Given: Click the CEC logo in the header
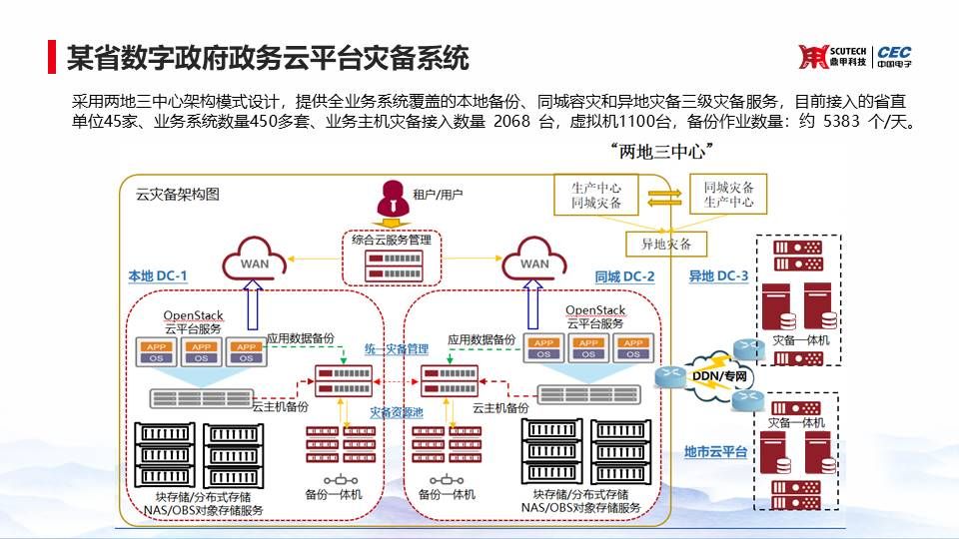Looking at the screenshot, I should (894, 57).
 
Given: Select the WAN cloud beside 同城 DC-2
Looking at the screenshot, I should (534, 262).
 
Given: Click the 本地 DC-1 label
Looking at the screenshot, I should (157, 276).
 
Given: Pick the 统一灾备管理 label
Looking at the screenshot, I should (396, 349).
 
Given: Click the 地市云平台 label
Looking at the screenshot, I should (715, 452).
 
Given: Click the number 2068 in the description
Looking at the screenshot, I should (512, 122).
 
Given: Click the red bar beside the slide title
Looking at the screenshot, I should (52, 57).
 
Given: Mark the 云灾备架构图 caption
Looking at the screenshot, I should (177, 195).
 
